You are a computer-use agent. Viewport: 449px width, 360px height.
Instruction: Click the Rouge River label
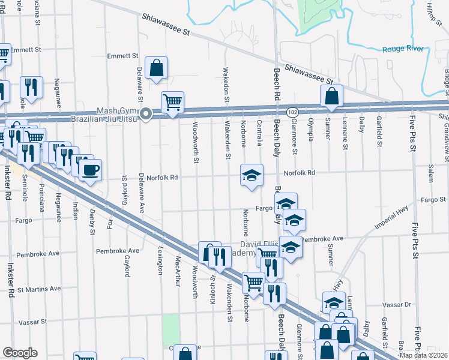[x=403, y=49]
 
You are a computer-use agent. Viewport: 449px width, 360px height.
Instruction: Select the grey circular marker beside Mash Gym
[x=146, y=114]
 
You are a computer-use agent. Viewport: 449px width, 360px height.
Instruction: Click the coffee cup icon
[x=90, y=170]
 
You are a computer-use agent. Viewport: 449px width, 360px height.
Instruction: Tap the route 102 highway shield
[x=292, y=112]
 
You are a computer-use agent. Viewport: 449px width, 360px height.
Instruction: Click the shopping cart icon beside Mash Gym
[x=172, y=103]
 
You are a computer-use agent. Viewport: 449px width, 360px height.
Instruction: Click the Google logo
[x=20, y=353]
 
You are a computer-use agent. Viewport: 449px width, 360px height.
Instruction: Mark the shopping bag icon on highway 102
[x=331, y=97]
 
